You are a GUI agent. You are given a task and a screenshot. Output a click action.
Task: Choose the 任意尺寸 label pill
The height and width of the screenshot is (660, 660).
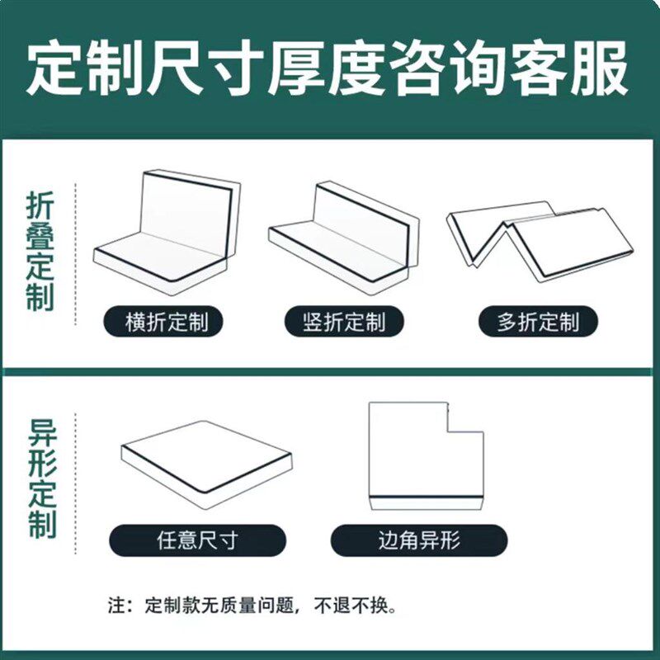click(197, 540)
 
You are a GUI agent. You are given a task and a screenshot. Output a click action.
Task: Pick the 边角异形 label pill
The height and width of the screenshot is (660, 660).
click(418, 540)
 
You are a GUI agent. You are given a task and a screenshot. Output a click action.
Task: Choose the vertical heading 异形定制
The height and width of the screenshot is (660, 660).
click(40, 478)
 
